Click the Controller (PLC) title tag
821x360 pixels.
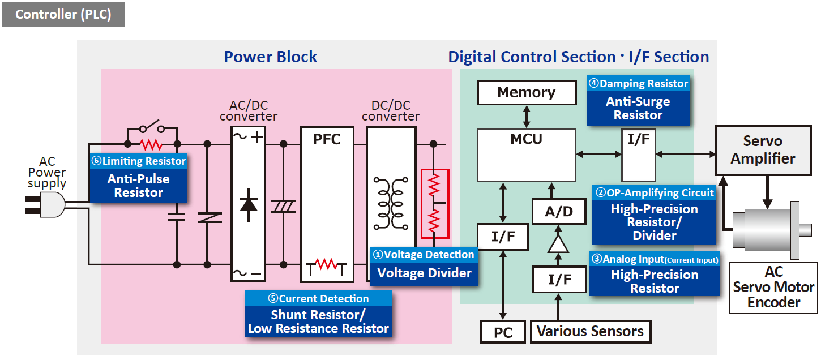[x=63, y=14]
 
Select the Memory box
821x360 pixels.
[x=527, y=92]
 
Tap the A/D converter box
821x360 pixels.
[x=558, y=212]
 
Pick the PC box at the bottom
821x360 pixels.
[x=503, y=332]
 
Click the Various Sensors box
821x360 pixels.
[x=590, y=331]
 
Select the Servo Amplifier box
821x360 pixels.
[x=763, y=150]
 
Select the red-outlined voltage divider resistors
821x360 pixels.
[x=434, y=203]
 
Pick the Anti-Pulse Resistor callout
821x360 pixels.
[x=139, y=178]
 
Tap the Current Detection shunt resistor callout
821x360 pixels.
[x=318, y=314]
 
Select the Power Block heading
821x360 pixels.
[x=270, y=57]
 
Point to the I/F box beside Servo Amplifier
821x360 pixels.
[x=638, y=154]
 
